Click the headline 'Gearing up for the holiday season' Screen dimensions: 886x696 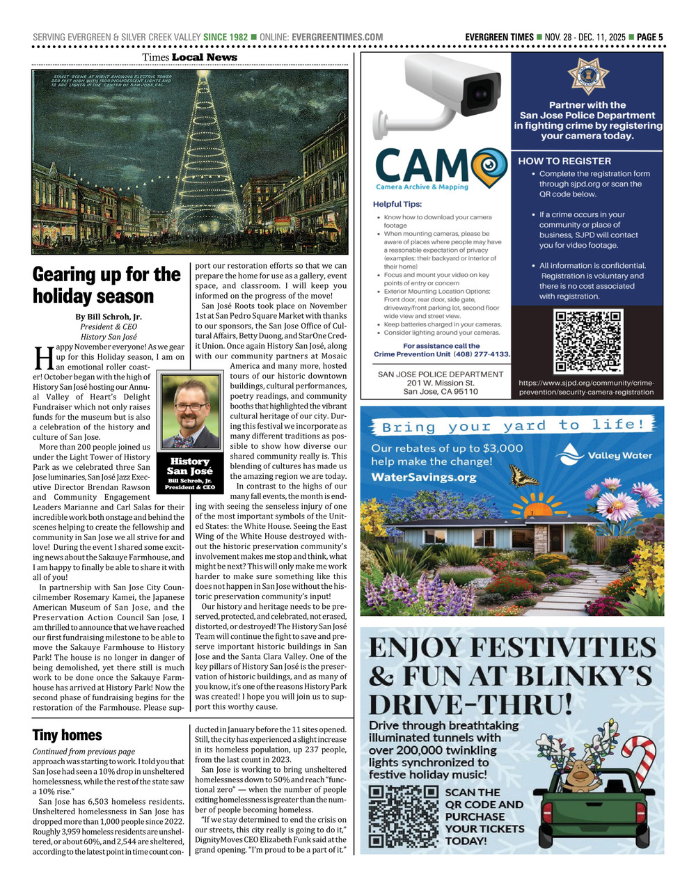click(106, 285)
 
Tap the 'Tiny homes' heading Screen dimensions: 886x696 click(67, 735)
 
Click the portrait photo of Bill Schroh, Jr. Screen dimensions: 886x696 click(190, 413)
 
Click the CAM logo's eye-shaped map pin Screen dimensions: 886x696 click(489, 165)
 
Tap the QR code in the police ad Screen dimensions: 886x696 click(587, 342)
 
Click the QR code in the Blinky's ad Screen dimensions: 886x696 click(404, 816)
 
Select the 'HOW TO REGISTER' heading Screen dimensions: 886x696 click(564, 161)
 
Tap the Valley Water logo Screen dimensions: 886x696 click(604, 456)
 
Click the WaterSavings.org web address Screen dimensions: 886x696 click(423, 477)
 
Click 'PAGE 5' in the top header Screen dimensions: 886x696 click(649, 37)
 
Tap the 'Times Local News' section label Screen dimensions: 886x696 click(189, 57)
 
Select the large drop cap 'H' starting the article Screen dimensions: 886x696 click(43, 359)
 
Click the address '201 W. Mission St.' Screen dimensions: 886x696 click(440, 383)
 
